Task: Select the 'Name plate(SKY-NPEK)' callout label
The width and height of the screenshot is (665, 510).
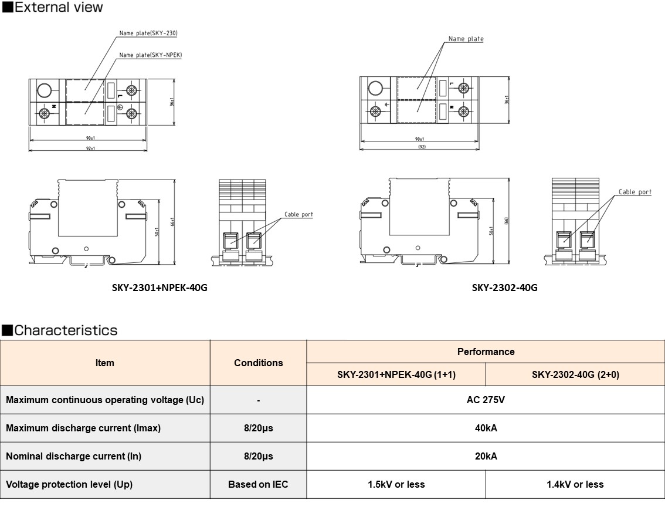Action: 150,55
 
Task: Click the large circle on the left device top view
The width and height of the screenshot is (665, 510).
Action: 43,90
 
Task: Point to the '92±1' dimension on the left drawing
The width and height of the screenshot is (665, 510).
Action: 90,148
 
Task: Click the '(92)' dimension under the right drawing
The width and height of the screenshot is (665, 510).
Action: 421,147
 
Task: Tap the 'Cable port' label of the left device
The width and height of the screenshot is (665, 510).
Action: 298,215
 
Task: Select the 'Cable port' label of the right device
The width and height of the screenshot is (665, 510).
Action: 635,192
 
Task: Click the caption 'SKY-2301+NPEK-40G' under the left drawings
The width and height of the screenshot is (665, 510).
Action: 160,288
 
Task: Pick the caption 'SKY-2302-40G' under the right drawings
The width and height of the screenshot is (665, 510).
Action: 504,288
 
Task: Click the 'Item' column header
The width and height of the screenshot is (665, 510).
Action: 105,363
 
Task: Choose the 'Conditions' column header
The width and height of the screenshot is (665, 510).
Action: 258,363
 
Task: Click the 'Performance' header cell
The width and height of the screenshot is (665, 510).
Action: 486,352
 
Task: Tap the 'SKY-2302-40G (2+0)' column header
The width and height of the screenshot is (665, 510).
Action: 575,374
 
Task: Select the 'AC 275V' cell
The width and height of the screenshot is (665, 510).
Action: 486,400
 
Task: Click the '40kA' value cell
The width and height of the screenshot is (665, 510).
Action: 486,428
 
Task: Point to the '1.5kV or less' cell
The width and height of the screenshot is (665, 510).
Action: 396,484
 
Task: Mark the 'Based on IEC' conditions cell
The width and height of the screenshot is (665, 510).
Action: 258,484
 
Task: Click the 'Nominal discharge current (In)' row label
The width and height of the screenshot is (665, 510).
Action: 73,456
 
